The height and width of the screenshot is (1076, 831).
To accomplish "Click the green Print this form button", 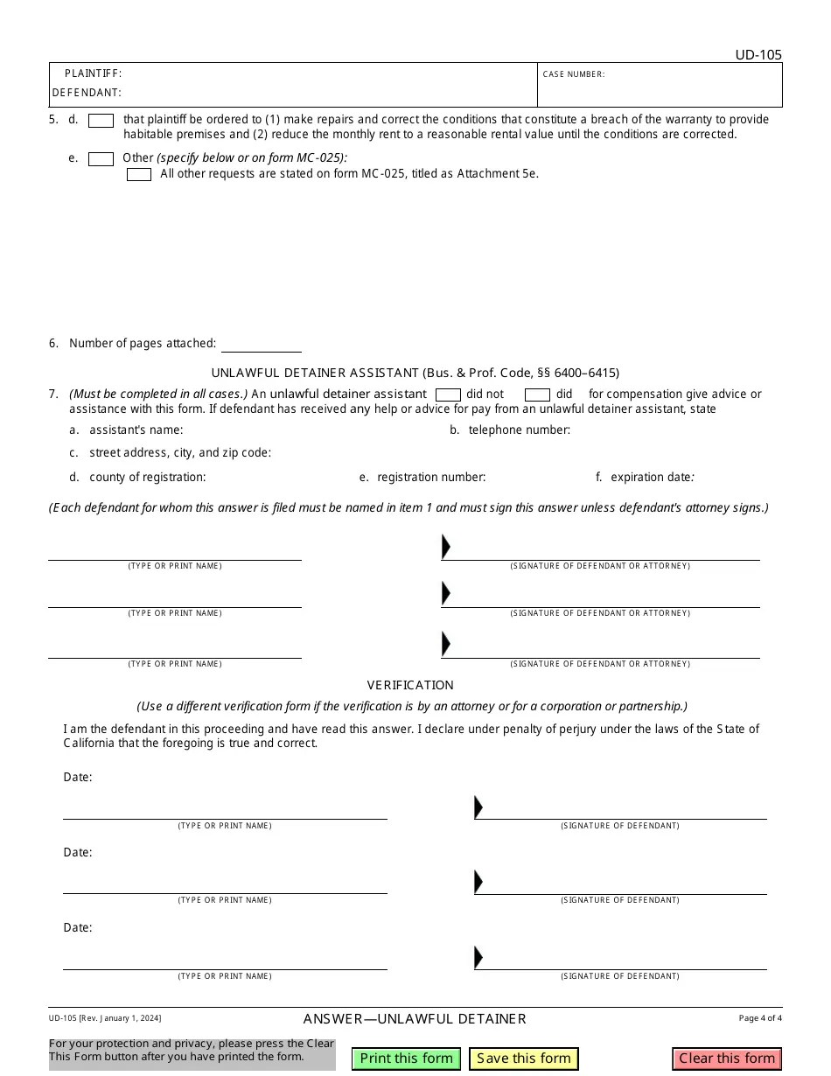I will point(407,1059).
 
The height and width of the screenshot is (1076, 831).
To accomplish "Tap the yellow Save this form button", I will point(524,1059).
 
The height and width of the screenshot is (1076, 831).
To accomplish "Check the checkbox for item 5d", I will point(101,122).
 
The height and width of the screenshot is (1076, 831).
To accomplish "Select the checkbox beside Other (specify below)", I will point(101,159).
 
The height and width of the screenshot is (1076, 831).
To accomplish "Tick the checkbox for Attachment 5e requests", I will point(139,175).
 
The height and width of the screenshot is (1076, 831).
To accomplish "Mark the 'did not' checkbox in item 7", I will point(448,395).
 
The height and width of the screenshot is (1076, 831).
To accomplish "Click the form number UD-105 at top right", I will point(758,55).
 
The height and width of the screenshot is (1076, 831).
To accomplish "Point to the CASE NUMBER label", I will point(573,74).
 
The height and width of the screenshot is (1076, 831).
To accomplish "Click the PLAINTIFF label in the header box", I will point(93,74).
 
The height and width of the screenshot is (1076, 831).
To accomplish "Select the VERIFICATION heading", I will point(410,685).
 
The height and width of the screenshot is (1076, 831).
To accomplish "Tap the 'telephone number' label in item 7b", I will point(519,430).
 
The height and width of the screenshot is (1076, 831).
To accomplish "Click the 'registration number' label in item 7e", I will point(430,478).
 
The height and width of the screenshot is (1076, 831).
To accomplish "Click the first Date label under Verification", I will point(78,778).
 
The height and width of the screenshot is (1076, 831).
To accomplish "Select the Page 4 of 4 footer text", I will point(759,1018).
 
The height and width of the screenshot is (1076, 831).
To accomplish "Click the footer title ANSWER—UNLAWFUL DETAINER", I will point(415,1019).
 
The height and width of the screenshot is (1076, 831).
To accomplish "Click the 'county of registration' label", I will point(147,478).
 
